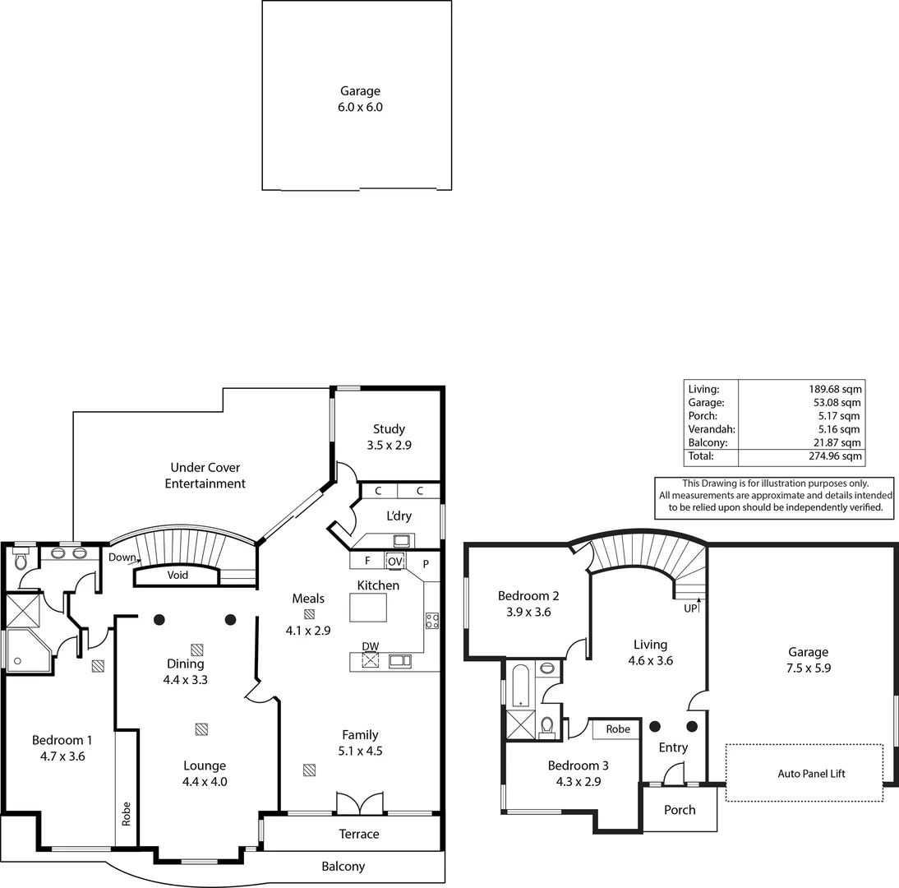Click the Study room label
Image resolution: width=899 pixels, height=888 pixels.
point(389,428)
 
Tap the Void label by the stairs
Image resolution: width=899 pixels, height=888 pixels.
point(177,575)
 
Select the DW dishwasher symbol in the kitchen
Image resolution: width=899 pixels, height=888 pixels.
point(371,659)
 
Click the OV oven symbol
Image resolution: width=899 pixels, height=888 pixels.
point(395,562)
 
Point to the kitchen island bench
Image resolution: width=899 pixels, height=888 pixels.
point(367,608)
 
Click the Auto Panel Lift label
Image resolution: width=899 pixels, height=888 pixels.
point(810,774)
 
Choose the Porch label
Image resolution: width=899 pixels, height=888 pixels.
point(680,810)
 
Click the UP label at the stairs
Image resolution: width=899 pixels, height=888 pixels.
point(690,608)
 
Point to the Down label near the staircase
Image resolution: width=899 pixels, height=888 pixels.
point(122,557)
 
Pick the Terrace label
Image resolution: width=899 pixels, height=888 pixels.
point(359,834)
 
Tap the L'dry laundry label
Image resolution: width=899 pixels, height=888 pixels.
point(399,516)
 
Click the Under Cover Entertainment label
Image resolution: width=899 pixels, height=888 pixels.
point(205,475)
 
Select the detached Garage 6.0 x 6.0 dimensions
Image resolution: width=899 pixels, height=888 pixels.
point(360,107)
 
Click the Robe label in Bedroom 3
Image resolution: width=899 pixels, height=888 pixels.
point(618,729)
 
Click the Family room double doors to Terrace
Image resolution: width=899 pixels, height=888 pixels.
point(360,804)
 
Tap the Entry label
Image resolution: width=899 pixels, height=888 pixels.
point(673,747)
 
